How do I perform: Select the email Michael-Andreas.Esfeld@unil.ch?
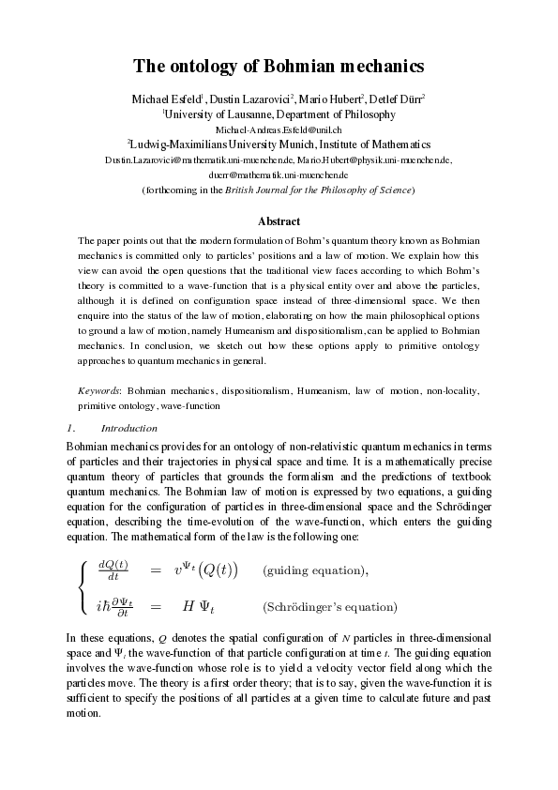279,129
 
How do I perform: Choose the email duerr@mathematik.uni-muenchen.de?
279,175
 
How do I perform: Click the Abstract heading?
279,221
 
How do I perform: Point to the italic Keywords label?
98,387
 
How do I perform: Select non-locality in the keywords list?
452,387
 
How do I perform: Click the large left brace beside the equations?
83,588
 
